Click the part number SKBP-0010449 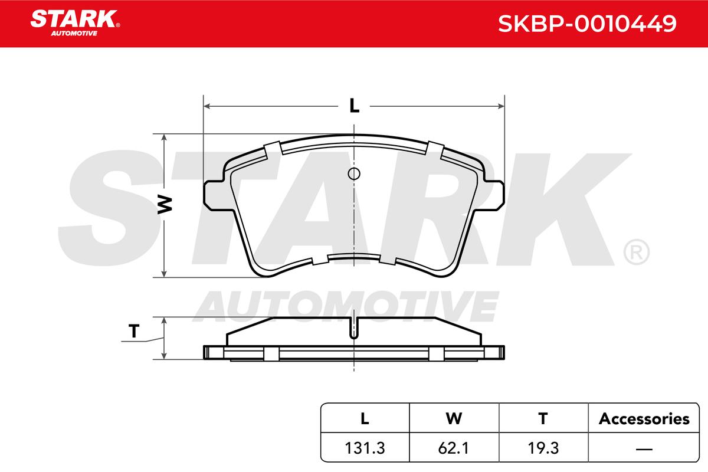pyautogui.click(x=587, y=24)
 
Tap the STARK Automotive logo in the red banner pyautogui.click(x=75, y=23)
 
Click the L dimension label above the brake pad pyautogui.click(x=355, y=106)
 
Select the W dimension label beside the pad pyautogui.click(x=165, y=205)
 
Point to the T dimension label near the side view pyautogui.click(x=134, y=331)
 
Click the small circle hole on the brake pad pyautogui.click(x=354, y=173)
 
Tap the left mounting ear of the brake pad pyautogui.click(x=214, y=195)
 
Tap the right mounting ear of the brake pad pyautogui.click(x=494, y=195)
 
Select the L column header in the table pyautogui.click(x=365, y=418)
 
